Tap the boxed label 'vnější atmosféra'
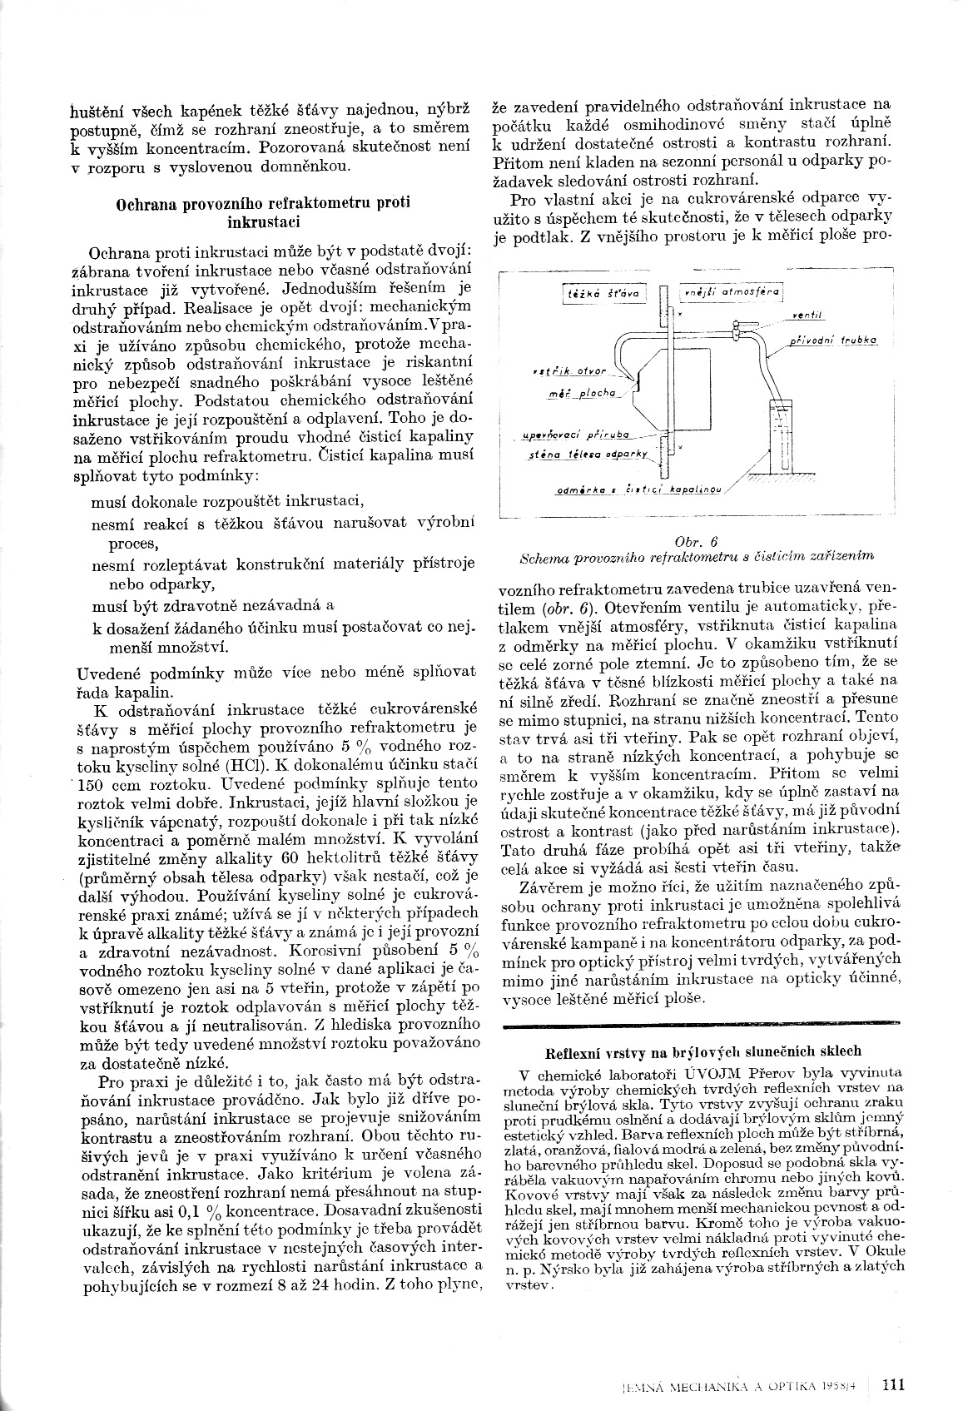(x=732, y=293)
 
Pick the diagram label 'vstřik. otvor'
(x=580, y=370)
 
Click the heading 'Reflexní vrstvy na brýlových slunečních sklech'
(x=702, y=1051)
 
